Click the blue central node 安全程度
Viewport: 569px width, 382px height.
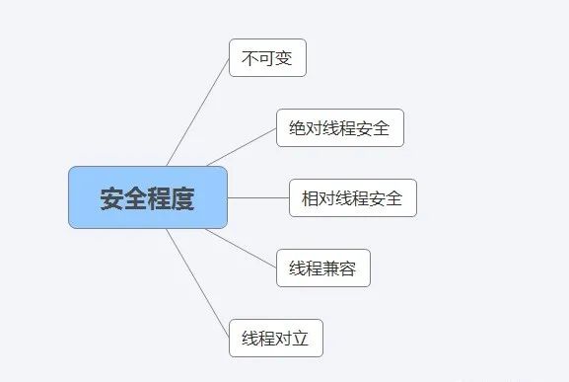[148, 197]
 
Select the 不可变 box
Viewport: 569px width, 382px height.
[267, 58]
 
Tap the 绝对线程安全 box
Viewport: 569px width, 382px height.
[340, 128]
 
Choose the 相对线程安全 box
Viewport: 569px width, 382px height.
[353, 197]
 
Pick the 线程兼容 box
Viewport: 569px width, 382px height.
[322, 268]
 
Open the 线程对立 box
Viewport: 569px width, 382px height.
[275, 338]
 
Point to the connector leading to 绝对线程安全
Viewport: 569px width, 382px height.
[242, 147]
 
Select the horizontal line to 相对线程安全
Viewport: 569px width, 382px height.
[258, 197]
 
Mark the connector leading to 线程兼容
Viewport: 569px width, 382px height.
[242, 248]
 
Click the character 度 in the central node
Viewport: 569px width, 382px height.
[183, 198]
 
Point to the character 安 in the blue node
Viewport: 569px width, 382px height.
[111, 198]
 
